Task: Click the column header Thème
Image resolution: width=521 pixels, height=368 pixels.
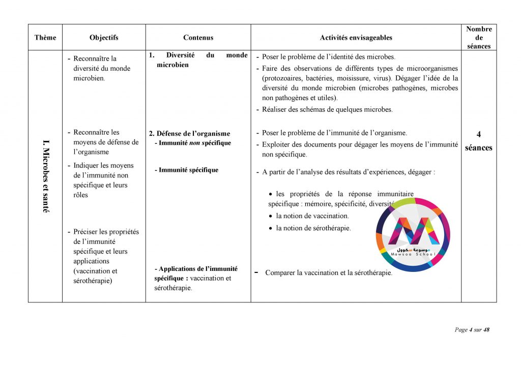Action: [45, 38]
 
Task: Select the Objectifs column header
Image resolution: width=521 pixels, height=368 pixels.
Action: [104, 38]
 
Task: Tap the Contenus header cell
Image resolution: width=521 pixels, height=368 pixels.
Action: [198, 38]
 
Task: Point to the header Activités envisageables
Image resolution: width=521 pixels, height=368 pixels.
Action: [356, 38]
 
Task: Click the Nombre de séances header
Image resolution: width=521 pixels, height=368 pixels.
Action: [479, 38]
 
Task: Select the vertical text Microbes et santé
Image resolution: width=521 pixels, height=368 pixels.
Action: [46, 176]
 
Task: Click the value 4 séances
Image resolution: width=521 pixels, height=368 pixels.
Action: [479, 141]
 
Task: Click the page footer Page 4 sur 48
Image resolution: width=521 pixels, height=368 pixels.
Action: [472, 330]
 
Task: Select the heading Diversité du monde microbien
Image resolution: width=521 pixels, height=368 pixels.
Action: [198, 60]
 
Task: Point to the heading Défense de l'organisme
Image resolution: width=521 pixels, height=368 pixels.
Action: [189, 134]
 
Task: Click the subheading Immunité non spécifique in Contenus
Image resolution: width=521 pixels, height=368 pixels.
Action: [192, 143]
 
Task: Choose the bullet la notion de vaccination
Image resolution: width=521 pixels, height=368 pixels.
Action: [312, 216]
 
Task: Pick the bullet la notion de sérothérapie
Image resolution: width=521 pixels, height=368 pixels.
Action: [313, 228]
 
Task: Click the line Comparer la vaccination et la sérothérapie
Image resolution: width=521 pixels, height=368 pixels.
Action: [328, 273]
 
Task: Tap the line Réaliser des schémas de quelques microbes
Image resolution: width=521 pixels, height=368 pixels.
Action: [327, 109]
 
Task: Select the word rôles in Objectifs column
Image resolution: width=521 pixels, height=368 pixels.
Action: [80, 195]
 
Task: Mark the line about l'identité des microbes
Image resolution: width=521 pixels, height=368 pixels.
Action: [328, 57]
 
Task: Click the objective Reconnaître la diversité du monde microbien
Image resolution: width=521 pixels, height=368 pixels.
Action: [101, 68]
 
